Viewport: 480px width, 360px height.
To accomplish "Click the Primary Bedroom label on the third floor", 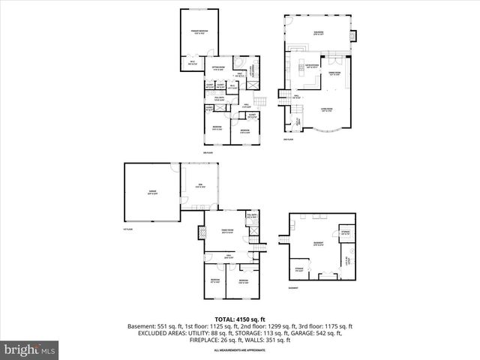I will click(x=199, y=33).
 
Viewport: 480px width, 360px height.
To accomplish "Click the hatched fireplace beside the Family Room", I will click(x=202, y=233).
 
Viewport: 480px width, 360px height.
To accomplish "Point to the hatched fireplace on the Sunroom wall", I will click(x=355, y=34).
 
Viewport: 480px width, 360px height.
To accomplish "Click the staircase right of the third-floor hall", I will click(x=261, y=103).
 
